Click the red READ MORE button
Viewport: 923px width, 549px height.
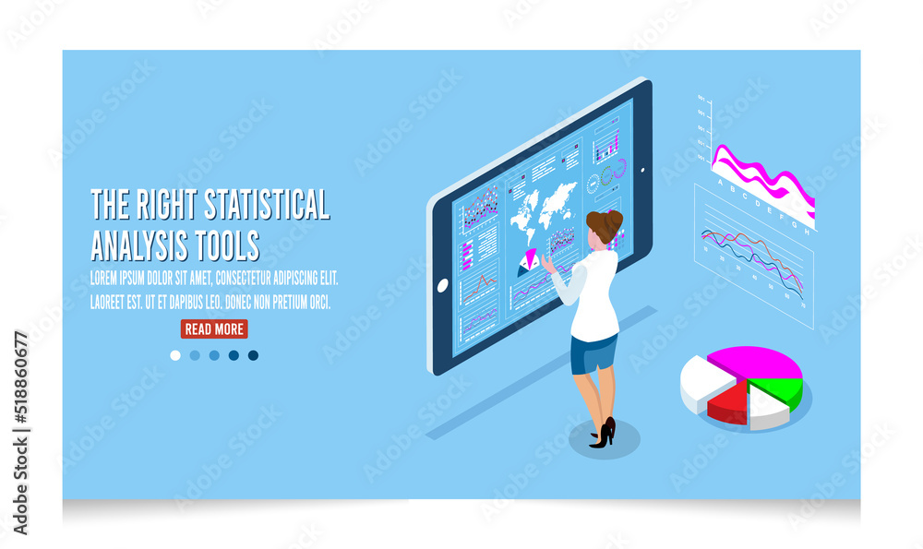[214, 329]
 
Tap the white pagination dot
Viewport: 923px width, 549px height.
[175, 355]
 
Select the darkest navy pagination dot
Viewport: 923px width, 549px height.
[253, 355]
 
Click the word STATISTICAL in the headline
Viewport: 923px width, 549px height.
[267, 205]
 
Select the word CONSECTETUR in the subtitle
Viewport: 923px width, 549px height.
[249, 278]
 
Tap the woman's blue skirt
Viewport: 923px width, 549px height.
[593, 354]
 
